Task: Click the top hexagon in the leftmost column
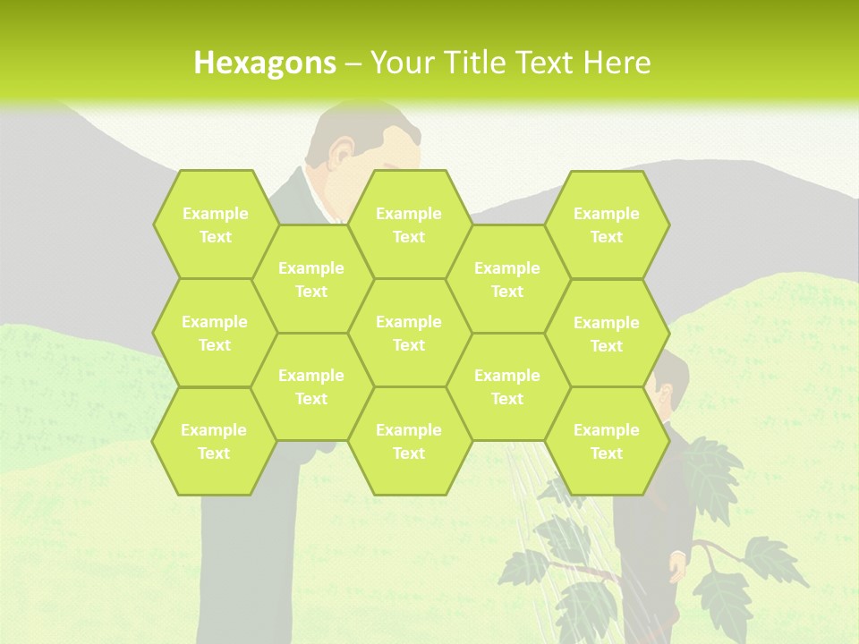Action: (x=215, y=225)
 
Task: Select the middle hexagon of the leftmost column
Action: (x=215, y=333)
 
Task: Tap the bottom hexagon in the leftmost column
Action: (x=214, y=441)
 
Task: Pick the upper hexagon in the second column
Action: (x=311, y=279)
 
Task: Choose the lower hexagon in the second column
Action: (x=311, y=386)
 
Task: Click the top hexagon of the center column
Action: (x=409, y=225)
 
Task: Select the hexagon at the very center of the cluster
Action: (x=409, y=333)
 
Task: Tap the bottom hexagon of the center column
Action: (x=409, y=441)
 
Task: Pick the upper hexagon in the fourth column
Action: (x=507, y=279)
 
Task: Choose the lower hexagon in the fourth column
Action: (x=507, y=386)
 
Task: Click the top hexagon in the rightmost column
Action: (x=607, y=225)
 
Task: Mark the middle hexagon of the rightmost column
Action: (x=607, y=334)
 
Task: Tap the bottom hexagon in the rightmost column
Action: (x=607, y=441)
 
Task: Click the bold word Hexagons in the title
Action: (x=265, y=63)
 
